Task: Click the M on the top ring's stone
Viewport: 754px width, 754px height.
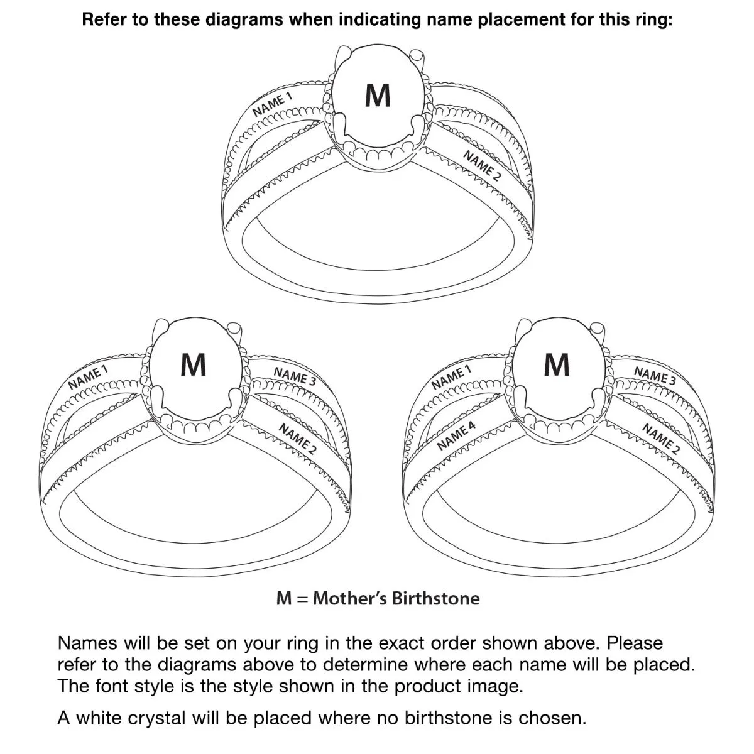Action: pyautogui.click(x=378, y=96)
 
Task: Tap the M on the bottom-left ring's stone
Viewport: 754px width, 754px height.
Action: pyautogui.click(x=193, y=364)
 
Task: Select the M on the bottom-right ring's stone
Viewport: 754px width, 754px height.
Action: pyautogui.click(x=556, y=364)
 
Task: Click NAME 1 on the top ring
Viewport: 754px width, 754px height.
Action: pyautogui.click(x=273, y=104)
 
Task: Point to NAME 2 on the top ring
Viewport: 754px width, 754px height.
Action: pyautogui.click(x=482, y=166)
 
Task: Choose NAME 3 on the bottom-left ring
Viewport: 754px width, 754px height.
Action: pyautogui.click(x=295, y=376)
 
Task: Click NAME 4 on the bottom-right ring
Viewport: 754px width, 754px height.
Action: pyautogui.click(x=457, y=436)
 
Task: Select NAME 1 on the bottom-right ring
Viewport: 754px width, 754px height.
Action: pyautogui.click(x=451, y=377)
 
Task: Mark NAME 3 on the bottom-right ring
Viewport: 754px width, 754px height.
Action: pyautogui.click(x=655, y=376)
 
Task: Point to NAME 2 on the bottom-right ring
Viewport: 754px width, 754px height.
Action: pyautogui.click(x=660, y=439)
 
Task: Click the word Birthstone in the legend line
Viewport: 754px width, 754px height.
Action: pyautogui.click(x=435, y=598)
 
